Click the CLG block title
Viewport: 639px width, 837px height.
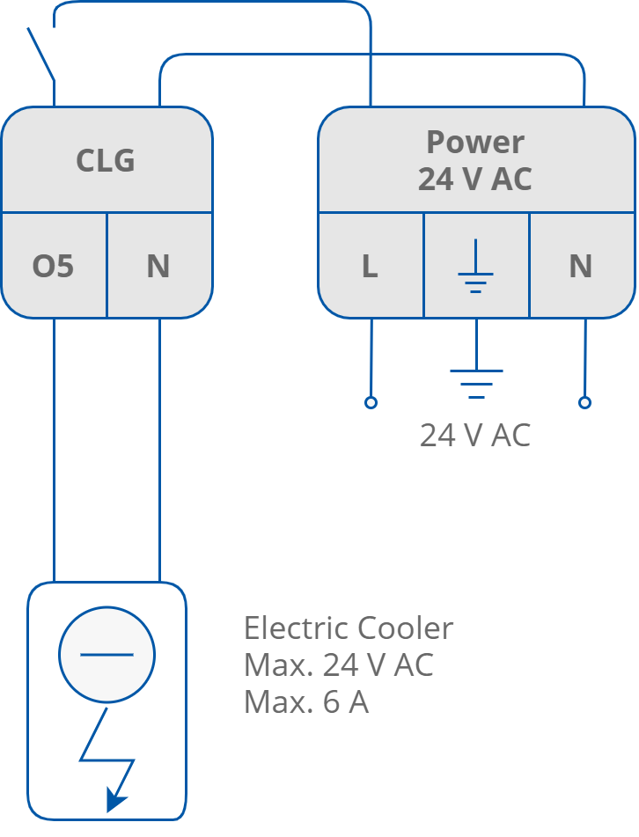tap(106, 161)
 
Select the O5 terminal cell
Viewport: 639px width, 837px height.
tap(53, 266)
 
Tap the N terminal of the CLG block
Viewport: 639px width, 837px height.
tap(158, 266)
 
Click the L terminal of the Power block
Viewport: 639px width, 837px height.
tap(370, 266)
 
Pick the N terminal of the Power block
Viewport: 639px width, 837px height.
tap(580, 266)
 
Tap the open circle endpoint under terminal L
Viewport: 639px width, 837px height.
tap(371, 402)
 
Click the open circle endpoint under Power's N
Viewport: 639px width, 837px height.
tap(584, 402)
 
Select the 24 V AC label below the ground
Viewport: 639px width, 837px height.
tap(474, 436)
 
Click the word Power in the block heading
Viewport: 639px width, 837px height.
tap(475, 142)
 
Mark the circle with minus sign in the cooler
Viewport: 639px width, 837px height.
tap(106, 655)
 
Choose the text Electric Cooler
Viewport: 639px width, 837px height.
tap(349, 628)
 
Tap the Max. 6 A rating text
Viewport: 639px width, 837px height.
tap(305, 702)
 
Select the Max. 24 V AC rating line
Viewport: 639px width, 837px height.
tap(338, 665)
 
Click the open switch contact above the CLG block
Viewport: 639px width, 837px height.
tap(40, 53)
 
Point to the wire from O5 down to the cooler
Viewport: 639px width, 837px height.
tap(54, 449)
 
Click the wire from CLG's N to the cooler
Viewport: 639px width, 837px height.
tap(159, 449)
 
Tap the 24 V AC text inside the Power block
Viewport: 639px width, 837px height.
tap(475, 180)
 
